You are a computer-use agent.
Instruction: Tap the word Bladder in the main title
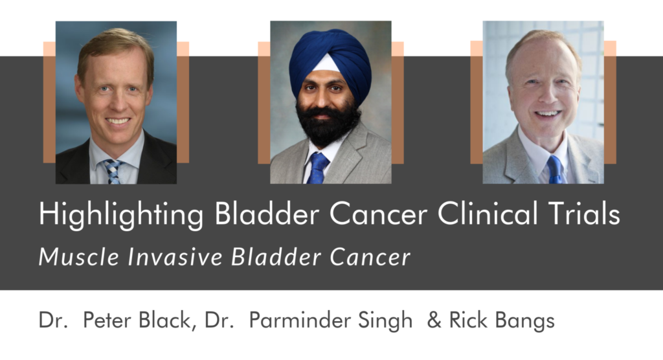click(x=267, y=213)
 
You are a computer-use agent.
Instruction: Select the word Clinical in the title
click(x=488, y=213)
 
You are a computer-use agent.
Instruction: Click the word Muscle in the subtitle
click(x=78, y=256)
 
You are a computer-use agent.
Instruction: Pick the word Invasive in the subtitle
click(x=175, y=256)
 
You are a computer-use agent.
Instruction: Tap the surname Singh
click(x=385, y=321)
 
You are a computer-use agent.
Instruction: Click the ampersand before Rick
click(x=434, y=321)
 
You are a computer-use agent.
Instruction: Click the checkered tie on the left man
click(x=112, y=171)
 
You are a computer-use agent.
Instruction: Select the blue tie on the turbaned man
click(x=317, y=168)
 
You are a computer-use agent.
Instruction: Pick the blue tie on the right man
click(x=555, y=169)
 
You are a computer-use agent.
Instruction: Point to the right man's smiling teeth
click(x=548, y=114)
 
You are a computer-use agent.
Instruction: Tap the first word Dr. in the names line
click(x=53, y=321)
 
